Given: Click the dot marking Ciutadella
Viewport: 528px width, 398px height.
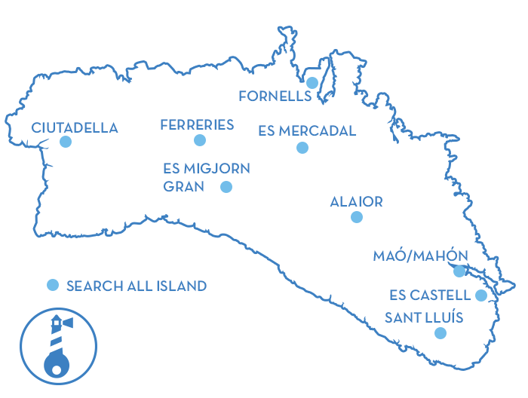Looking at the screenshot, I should pyautogui.click(x=66, y=141).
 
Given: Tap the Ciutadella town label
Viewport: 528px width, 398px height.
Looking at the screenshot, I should pyautogui.click(x=75, y=128).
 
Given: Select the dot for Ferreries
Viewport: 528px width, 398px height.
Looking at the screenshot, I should pyautogui.click(x=199, y=140).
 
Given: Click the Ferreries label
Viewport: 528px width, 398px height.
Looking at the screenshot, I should pyautogui.click(x=197, y=125).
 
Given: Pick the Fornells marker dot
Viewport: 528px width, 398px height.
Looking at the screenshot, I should pyautogui.click(x=312, y=82).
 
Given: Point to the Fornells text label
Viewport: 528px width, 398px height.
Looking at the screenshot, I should pyautogui.click(x=275, y=96).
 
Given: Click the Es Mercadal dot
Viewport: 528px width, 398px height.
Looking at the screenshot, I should pyautogui.click(x=302, y=148).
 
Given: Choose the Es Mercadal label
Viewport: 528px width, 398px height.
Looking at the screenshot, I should pyautogui.click(x=307, y=131).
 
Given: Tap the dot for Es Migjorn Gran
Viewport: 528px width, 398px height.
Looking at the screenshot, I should pyautogui.click(x=226, y=187).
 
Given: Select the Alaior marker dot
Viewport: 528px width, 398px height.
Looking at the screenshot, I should pyautogui.click(x=357, y=217).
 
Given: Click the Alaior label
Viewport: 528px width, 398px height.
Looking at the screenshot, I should pyautogui.click(x=356, y=202).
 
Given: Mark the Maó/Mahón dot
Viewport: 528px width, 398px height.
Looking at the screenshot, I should pyautogui.click(x=459, y=271).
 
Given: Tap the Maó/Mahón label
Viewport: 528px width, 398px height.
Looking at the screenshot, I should pyautogui.click(x=420, y=256).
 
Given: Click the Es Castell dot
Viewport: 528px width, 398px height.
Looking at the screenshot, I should pyautogui.click(x=481, y=295).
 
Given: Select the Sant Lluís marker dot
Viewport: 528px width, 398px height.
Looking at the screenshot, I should pyautogui.click(x=441, y=332).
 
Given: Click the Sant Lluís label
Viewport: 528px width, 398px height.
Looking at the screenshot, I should pyautogui.click(x=424, y=317).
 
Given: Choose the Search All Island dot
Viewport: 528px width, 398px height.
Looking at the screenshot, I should pyautogui.click(x=53, y=285).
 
